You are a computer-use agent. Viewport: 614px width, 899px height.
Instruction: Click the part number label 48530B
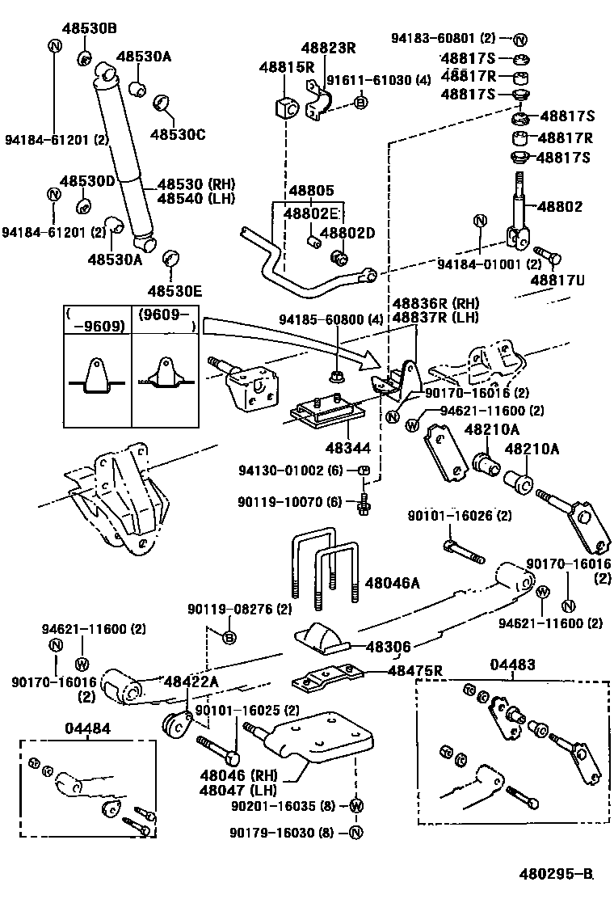coord(90,28)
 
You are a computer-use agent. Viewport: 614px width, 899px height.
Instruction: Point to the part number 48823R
coord(329,48)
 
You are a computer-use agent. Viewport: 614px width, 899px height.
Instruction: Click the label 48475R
coord(415,669)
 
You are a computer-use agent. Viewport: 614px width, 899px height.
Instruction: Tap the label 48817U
coord(557,280)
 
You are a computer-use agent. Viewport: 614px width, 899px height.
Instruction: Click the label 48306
coord(389,647)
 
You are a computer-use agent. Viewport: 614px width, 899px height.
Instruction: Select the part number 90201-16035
coord(277,806)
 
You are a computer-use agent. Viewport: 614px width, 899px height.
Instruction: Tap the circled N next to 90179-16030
coord(355,833)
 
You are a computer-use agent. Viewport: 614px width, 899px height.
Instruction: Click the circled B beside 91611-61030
coord(360,102)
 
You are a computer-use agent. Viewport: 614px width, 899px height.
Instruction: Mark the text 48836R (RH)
coord(436,302)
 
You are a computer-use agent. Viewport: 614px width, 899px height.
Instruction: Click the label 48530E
coord(175,289)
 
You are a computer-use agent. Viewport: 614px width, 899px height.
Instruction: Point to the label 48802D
coord(347,233)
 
